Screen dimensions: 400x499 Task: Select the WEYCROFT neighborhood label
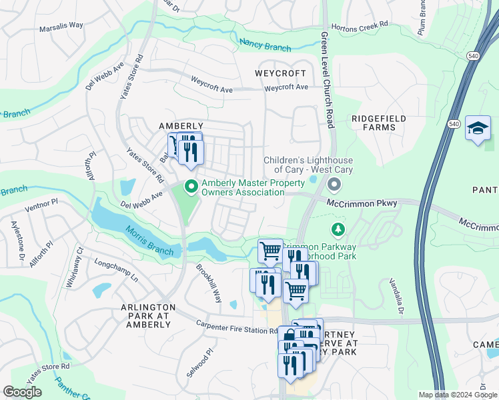(x=281, y=73)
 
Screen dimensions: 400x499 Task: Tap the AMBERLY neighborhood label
(x=180, y=126)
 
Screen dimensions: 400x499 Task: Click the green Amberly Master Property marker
(x=191, y=187)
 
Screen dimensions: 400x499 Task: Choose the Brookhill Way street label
(x=209, y=283)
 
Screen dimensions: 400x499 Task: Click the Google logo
(x=22, y=392)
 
